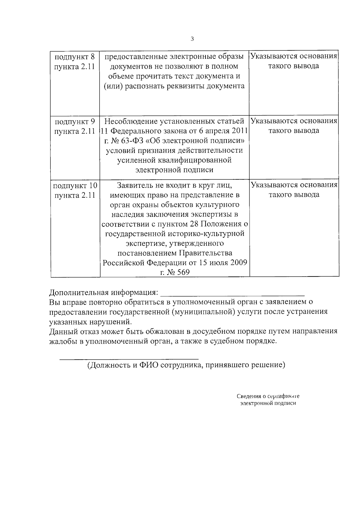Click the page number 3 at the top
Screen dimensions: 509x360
click(192, 39)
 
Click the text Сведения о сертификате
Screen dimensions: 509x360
click(268, 397)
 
